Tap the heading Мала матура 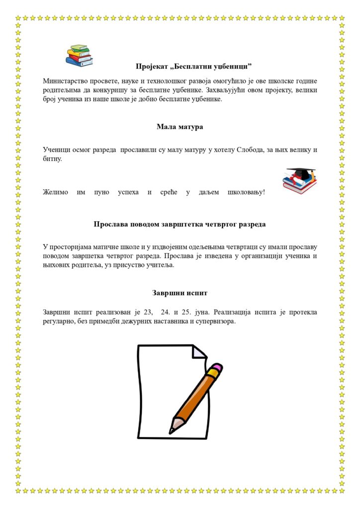pyautogui.click(x=180, y=127)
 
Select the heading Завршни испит pyautogui.click(x=180, y=293)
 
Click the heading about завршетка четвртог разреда pyautogui.click(x=180, y=224)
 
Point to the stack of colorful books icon pyautogui.click(x=79, y=55)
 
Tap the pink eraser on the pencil pyautogui.click(x=215, y=369)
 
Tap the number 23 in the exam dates pyautogui.click(x=148, y=313)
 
